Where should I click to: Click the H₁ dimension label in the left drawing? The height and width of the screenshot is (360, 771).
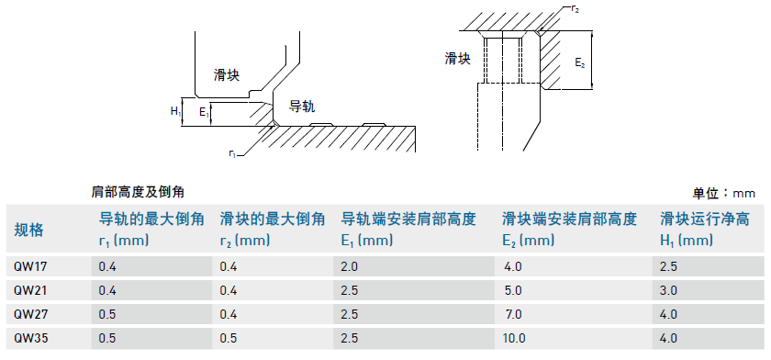pos(175,111)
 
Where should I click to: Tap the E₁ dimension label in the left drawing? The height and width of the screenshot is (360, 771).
pos(204,113)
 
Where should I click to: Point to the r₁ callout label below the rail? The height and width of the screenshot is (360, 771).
pos(232,153)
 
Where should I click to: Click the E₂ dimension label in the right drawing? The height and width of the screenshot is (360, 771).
pos(580,62)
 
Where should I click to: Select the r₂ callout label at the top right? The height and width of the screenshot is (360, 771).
pos(575,9)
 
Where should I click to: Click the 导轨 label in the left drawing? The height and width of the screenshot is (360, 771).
pos(301,107)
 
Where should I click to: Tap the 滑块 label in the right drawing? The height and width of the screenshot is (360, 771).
pos(458,59)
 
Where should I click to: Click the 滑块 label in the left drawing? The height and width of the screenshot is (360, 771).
pos(227,75)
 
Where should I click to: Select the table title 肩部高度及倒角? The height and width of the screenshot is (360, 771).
pos(138,192)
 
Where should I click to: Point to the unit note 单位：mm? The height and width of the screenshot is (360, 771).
pos(724,193)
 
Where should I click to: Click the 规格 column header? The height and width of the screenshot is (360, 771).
pos(28,230)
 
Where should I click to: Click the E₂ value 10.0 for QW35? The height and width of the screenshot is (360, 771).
pos(514,338)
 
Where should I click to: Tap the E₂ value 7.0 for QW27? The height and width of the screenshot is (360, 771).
pos(513,314)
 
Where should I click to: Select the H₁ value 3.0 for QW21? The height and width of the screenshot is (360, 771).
pos(669,290)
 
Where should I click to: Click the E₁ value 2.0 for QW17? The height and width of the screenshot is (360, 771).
pos(349,267)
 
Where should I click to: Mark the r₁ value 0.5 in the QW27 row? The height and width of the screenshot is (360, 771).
pos(107,314)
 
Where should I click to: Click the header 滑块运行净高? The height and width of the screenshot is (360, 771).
pos(705,219)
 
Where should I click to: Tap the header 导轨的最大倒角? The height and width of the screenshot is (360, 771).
pos(152,219)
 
